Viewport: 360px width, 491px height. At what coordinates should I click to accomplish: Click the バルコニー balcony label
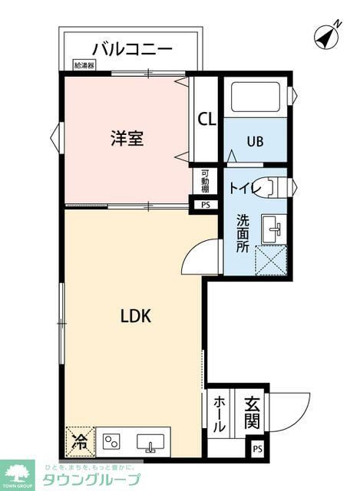132,49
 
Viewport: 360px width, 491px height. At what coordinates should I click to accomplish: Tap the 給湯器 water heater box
84,66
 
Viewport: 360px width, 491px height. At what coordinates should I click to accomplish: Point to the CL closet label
206,119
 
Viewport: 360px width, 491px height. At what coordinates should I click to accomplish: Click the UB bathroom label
256,142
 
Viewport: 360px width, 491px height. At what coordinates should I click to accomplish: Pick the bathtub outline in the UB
256,99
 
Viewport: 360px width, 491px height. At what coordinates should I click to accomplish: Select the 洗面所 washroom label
243,233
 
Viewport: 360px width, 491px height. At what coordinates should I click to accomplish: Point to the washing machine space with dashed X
270,260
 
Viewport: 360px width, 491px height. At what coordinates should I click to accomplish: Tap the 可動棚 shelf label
205,182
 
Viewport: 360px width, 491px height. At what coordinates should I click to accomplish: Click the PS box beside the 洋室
205,205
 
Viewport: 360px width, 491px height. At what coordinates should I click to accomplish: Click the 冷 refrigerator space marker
79,440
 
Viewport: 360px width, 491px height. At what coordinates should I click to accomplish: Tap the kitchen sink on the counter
150,443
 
